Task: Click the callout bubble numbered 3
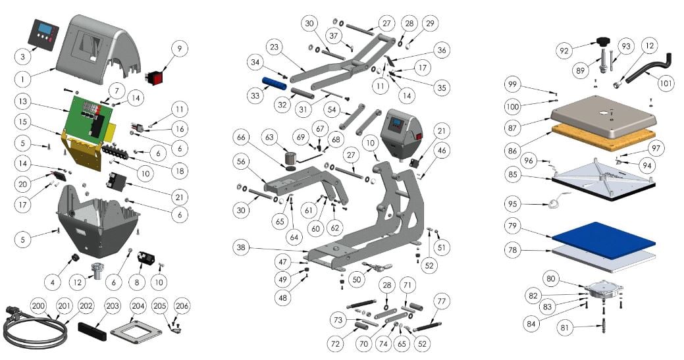[22, 57]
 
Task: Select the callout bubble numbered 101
[666, 84]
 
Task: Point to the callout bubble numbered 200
[39, 307]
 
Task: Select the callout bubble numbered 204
[138, 306]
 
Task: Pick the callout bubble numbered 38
[242, 247]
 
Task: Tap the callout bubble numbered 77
[439, 302]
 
